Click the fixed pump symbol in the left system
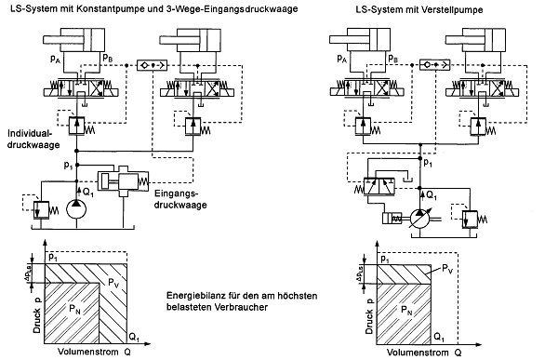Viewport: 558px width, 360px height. tap(76, 209)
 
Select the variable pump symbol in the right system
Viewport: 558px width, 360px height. tap(420, 219)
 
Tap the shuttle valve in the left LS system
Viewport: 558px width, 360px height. tap(152, 65)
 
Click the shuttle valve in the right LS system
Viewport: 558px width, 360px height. tap(434, 65)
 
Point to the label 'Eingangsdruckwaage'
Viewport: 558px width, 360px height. tap(180, 199)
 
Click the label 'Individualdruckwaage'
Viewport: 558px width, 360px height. tap(33, 140)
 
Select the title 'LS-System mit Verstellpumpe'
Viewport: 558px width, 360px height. tap(419, 9)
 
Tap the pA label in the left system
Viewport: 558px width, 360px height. tap(56, 58)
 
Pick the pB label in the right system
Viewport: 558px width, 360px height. tap(393, 58)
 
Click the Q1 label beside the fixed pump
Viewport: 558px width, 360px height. tap(88, 193)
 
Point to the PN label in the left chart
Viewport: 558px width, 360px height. tap(74, 310)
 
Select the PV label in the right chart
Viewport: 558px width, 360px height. tap(447, 269)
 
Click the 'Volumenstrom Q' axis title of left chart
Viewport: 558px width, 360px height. tap(94, 352)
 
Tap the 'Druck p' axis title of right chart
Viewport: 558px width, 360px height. tap(369, 316)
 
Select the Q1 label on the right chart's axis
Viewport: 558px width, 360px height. tap(439, 337)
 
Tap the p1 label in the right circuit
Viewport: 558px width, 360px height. tap(428, 163)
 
